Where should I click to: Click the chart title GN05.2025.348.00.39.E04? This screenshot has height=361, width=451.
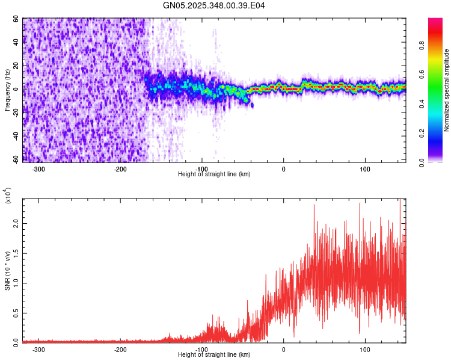click(x=214, y=5)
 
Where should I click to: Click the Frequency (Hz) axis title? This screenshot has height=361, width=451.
click(x=7, y=90)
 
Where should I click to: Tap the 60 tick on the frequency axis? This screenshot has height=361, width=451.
click(x=17, y=19)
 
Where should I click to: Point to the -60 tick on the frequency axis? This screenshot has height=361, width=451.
click(x=16, y=160)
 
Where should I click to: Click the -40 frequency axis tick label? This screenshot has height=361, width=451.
click(x=16, y=137)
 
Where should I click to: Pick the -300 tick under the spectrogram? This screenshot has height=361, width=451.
click(x=38, y=168)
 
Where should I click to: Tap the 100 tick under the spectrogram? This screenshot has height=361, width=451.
click(x=365, y=168)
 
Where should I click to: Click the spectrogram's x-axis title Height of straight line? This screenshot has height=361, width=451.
click(x=214, y=174)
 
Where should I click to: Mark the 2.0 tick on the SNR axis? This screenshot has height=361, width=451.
click(x=16, y=224)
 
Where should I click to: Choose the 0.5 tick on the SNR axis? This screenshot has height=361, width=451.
click(x=16, y=312)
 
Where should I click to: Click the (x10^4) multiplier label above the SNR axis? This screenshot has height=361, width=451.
click(x=8, y=196)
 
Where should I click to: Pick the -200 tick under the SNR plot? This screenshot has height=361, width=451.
click(x=120, y=349)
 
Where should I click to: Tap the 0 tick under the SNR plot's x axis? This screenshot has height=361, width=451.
click(x=284, y=349)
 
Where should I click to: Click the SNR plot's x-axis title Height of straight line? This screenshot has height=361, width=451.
click(x=214, y=355)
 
